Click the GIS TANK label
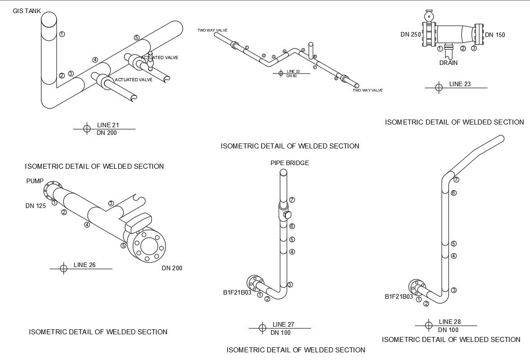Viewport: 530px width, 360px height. coord(27,11)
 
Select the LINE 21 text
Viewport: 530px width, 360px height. coord(108,125)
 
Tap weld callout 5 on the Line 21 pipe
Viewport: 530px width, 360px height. coord(136,37)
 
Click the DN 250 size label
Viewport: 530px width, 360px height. coord(410,34)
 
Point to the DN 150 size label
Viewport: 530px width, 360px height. coord(495,35)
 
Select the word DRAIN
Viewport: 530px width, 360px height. coord(448,63)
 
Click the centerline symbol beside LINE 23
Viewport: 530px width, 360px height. coord(438,88)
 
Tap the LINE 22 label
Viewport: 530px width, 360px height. coord(293,71)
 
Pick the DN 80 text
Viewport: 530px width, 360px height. coord(292,76)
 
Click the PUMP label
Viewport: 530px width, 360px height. coord(35,181)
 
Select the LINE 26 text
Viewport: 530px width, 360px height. coord(84,265)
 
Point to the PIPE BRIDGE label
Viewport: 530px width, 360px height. coord(289,163)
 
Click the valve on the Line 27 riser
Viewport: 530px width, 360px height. coord(286,214)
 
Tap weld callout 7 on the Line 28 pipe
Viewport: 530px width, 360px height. coord(456,180)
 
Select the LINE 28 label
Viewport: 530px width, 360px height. coord(450,322)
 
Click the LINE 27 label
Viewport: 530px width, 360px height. coord(283,324)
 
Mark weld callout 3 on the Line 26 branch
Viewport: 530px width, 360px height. coord(111,203)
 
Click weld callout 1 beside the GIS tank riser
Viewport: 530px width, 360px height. coord(62,34)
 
